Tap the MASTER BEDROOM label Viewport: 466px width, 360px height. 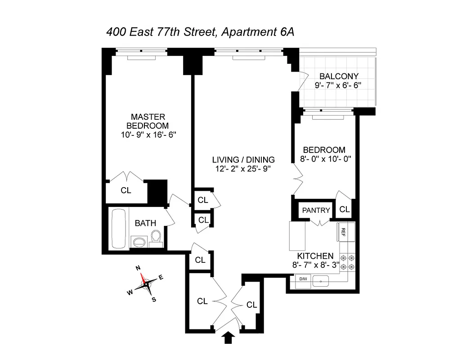pos(148,121)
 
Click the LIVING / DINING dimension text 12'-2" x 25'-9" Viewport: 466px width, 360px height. pos(244,169)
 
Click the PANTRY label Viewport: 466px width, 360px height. pos(316,210)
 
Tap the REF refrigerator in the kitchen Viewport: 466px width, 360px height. pos(343,232)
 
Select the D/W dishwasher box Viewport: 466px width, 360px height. pos(303,279)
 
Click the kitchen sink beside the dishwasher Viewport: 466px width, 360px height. pos(320,280)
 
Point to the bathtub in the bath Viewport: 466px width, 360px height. pos(119,228)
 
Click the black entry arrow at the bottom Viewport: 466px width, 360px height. pos(229,337)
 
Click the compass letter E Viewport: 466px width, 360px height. pos(161,277)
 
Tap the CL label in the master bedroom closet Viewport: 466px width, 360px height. pos(126,190)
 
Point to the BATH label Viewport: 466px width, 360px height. pos(145,223)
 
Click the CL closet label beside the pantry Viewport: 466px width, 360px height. pos(345,209)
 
